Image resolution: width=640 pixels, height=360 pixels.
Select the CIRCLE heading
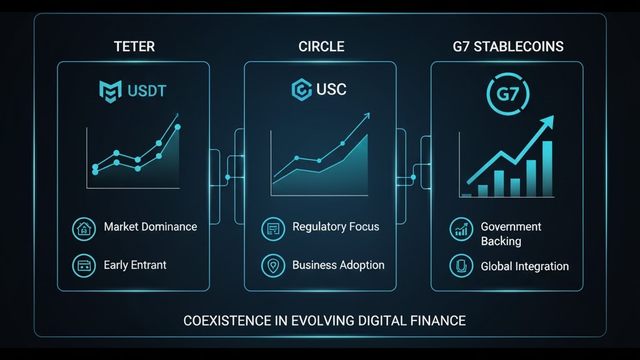tap(321, 47)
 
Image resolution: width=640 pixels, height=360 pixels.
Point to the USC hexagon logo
tap(302, 90)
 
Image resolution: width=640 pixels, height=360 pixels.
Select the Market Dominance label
tap(150, 227)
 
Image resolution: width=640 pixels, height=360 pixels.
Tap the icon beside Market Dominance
tap(84, 228)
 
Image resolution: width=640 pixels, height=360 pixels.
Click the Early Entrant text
tap(135, 265)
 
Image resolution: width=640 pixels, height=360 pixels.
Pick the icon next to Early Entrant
tap(84, 266)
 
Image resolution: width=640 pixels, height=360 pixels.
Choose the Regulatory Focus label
tap(336, 227)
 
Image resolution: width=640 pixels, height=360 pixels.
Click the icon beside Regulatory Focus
tap(272, 228)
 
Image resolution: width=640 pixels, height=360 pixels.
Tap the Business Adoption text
tap(338, 265)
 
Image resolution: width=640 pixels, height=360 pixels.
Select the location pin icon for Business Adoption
tap(272, 266)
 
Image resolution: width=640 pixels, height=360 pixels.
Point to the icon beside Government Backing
tap(461, 229)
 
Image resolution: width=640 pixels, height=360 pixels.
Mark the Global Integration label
tap(524, 266)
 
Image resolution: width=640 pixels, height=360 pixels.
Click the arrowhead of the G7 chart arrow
tap(547, 120)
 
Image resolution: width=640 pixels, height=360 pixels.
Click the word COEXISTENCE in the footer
tap(227, 321)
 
